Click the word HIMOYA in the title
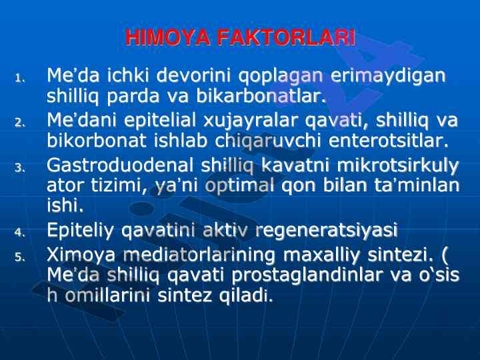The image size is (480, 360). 167,37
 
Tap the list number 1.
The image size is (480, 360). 20,79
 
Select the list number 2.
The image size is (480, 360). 20,123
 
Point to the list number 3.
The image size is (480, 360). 20,168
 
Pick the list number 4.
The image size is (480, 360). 20,233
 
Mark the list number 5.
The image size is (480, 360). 20,257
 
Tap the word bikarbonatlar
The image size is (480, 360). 261,95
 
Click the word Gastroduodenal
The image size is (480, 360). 120,165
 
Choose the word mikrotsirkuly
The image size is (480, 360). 397,166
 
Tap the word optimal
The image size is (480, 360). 239,186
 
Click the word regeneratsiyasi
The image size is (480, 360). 326,231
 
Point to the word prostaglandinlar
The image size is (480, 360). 307,275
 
